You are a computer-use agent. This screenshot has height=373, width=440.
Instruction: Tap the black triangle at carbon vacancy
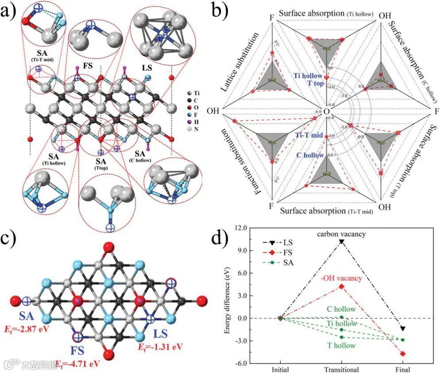click(x=341, y=242)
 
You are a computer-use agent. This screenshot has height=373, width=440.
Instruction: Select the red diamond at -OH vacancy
click(x=341, y=286)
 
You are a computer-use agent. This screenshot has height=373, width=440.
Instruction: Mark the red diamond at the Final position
click(x=403, y=354)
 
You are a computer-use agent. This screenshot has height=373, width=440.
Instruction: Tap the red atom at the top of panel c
click(x=107, y=248)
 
